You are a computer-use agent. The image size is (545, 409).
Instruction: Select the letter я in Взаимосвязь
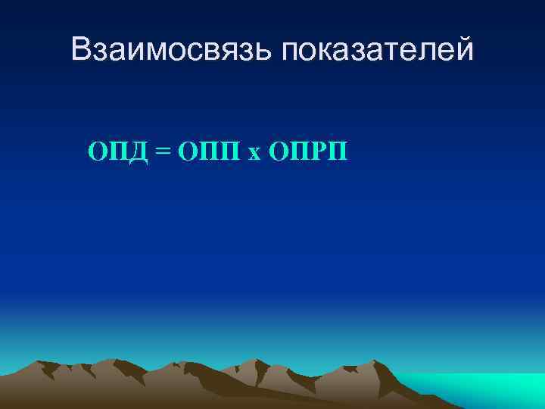coord(232,52)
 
